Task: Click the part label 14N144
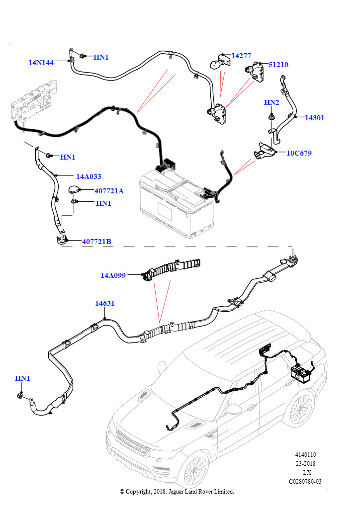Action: click(x=41, y=63)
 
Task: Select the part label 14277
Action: click(x=241, y=56)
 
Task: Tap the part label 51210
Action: click(x=278, y=65)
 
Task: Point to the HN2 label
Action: click(x=271, y=102)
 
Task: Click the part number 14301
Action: click(x=314, y=118)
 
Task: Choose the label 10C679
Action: click(x=299, y=153)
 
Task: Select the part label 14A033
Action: click(x=89, y=176)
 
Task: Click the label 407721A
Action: click(x=109, y=191)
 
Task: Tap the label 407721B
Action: click(x=97, y=242)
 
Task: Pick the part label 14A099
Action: click(x=113, y=275)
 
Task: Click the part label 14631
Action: click(x=104, y=303)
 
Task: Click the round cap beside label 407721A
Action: click(x=74, y=189)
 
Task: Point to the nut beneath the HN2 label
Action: click(x=270, y=116)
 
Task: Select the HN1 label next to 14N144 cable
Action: click(x=101, y=57)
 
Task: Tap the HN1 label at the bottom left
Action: click(x=22, y=378)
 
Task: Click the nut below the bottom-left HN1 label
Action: click(x=20, y=396)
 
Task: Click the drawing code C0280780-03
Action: click(x=305, y=482)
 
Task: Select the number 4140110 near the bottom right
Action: click(x=305, y=455)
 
